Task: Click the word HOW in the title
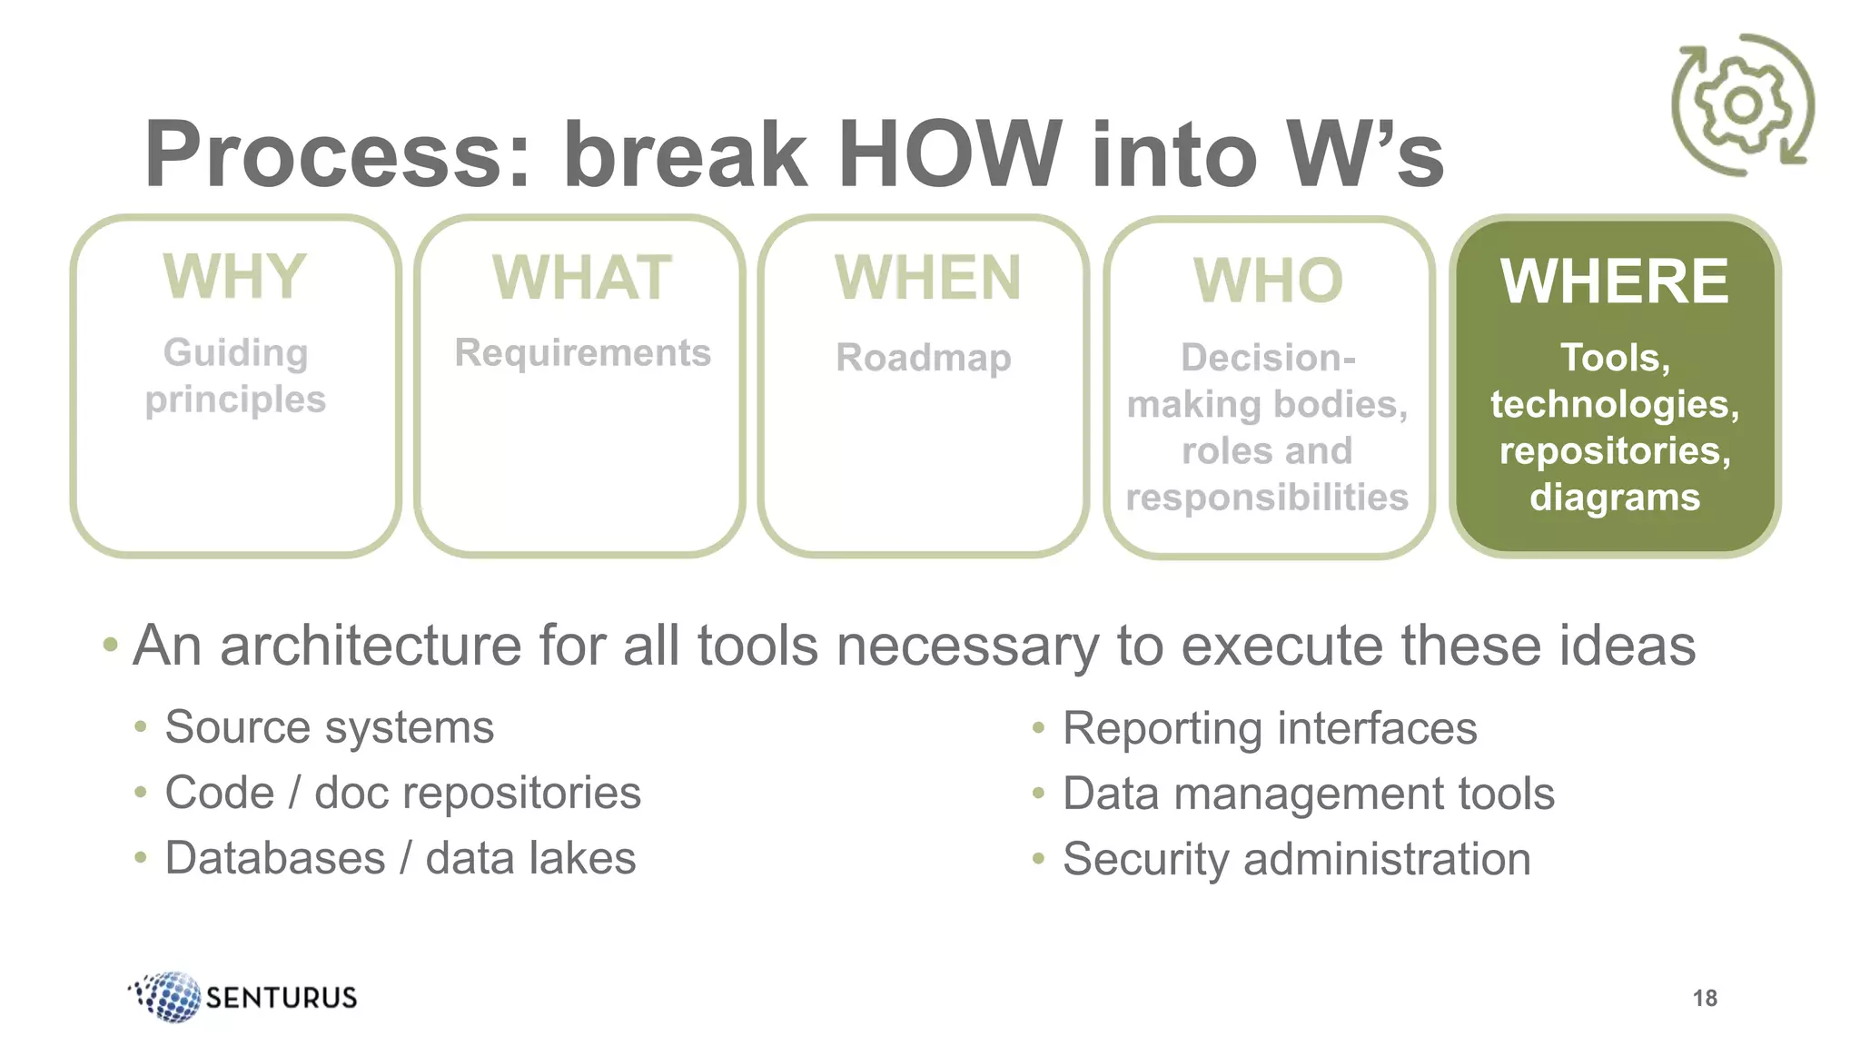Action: click(949, 154)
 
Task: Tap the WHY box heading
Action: click(235, 276)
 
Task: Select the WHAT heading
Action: click(581, 278)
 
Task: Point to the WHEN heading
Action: click(927, 278)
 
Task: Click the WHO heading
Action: click(1268, 281)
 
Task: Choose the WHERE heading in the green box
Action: click(1614, 281)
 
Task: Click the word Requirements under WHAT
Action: click(582, 353)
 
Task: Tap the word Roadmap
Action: click(924, 358)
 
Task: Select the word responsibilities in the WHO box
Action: click(1267, 498)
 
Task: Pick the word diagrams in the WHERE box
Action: click(1615, 498)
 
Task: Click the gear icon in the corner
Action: click(1743, 105)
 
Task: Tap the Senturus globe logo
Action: click(169, 996)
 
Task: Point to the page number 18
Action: click(1705, 998)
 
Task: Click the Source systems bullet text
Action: click(329, 727)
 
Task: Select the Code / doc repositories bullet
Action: click(402, 793)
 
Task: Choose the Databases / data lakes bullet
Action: click(400, 858)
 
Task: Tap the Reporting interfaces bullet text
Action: click(1269, 728)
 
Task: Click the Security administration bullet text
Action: click(1296, 859)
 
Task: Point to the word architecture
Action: click(371, 646)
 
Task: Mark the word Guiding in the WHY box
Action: click(235, 352)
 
